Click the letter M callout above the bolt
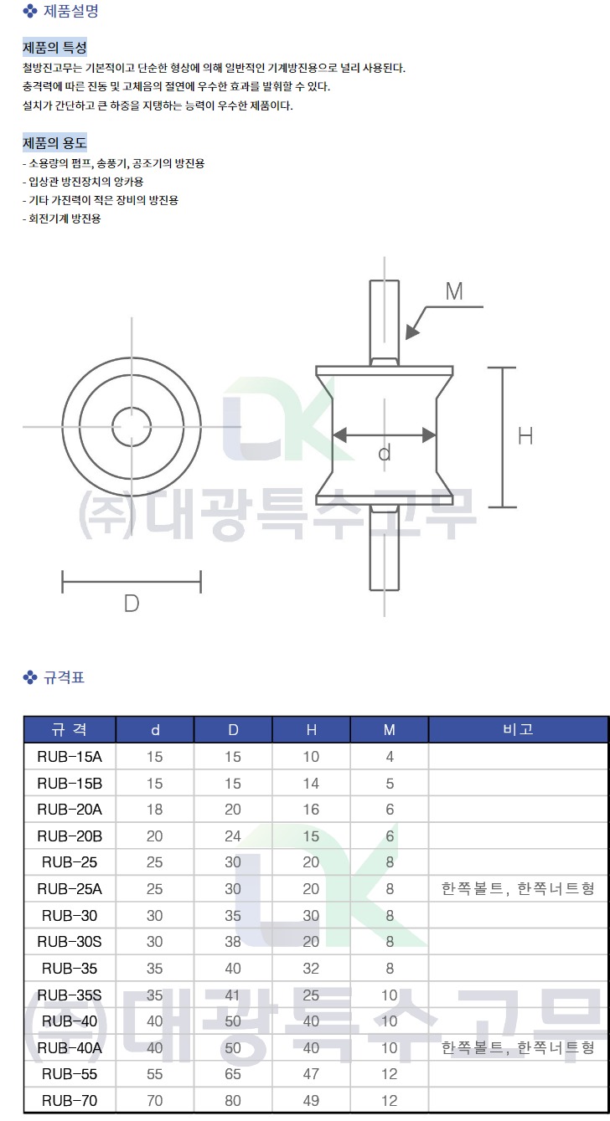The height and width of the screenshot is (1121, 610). click(454, 291)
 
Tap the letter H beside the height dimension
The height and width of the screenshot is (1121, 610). click(525, 436)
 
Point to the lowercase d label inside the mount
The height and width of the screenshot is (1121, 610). click(384, 453)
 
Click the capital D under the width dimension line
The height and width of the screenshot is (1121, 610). click(132, 604)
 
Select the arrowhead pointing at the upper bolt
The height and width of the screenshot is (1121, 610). click(412, 332)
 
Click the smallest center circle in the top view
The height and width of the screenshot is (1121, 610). click(132, 427)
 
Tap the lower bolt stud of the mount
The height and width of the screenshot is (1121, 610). click(384, 548)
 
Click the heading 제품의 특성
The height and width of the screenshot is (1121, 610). click(54, 48)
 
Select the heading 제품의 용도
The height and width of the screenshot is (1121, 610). click(54, 143)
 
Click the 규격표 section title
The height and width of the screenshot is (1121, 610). click(65, 677)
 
